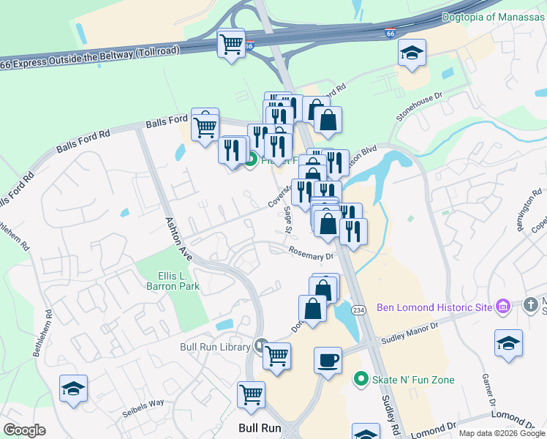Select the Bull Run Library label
point(215,347)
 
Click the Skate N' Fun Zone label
point(413,380)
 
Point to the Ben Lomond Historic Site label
point(434,307)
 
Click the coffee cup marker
point(328,361)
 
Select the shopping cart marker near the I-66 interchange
point(232,44)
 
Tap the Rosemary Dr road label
point(311,255)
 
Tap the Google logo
point(24,430)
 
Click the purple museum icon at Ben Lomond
point(502,307)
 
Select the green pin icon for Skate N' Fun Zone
point(359,379)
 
